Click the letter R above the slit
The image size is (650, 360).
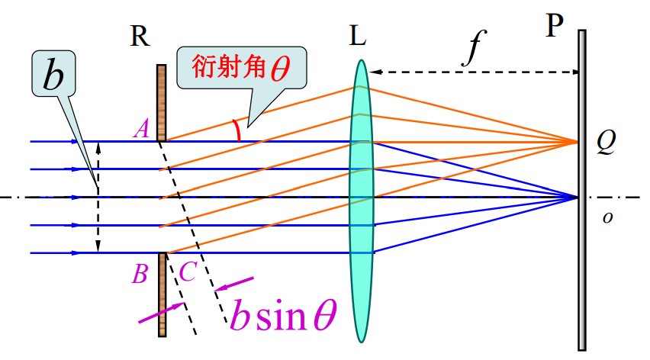coord(140,36)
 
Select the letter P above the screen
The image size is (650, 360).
coord(555,27)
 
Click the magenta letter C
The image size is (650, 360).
coord(186,272)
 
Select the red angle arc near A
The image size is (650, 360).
coord(238,131)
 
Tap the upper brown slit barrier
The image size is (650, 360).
coord(161,102)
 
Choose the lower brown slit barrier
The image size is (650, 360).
coord(162,294)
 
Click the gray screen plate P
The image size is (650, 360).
coord(582,191)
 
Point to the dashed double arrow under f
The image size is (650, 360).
coord(473,72)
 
